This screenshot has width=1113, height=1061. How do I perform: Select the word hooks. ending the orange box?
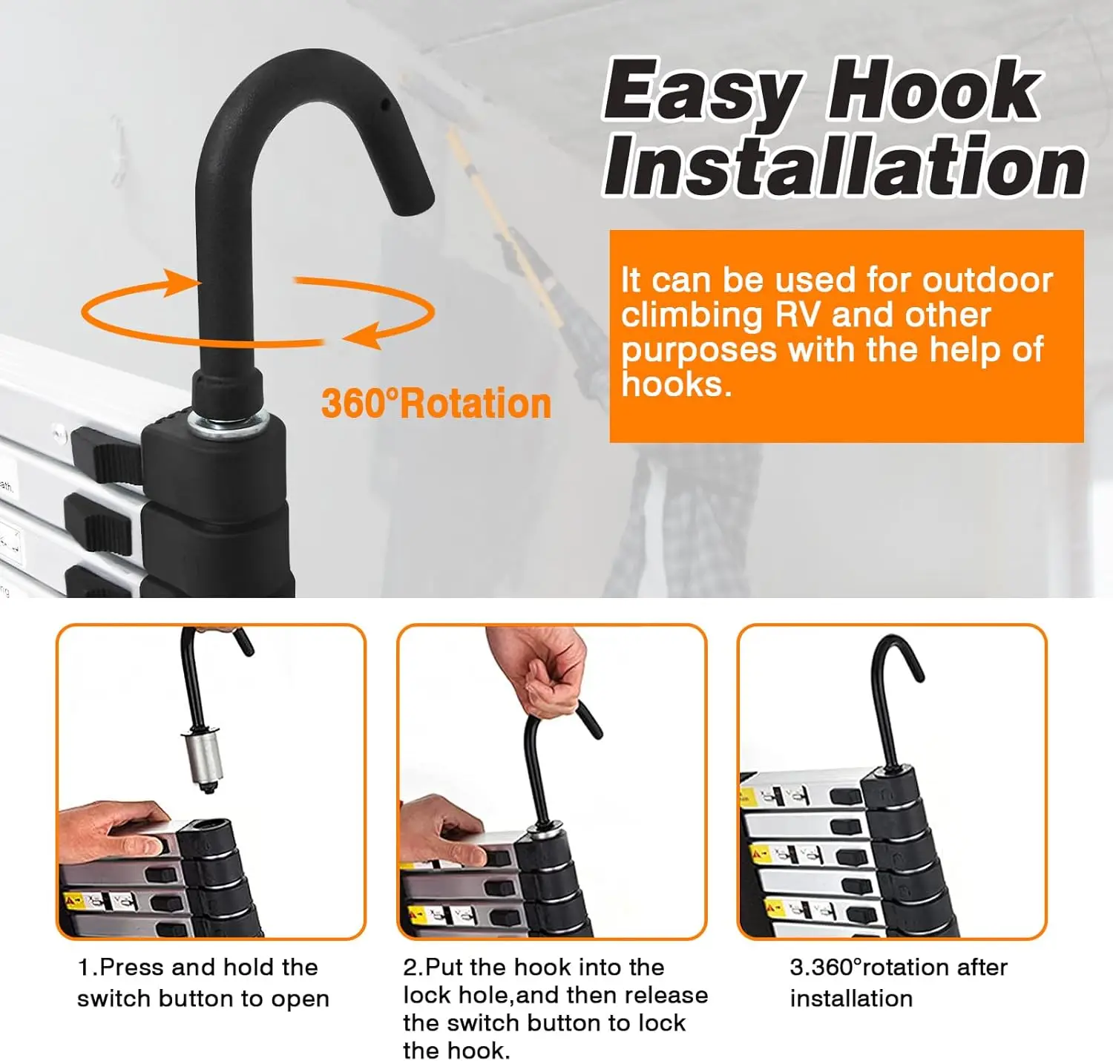(677, 384)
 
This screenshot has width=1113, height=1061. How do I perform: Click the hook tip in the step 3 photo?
(918, 673)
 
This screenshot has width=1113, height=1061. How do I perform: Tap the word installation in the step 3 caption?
(851, 998)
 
